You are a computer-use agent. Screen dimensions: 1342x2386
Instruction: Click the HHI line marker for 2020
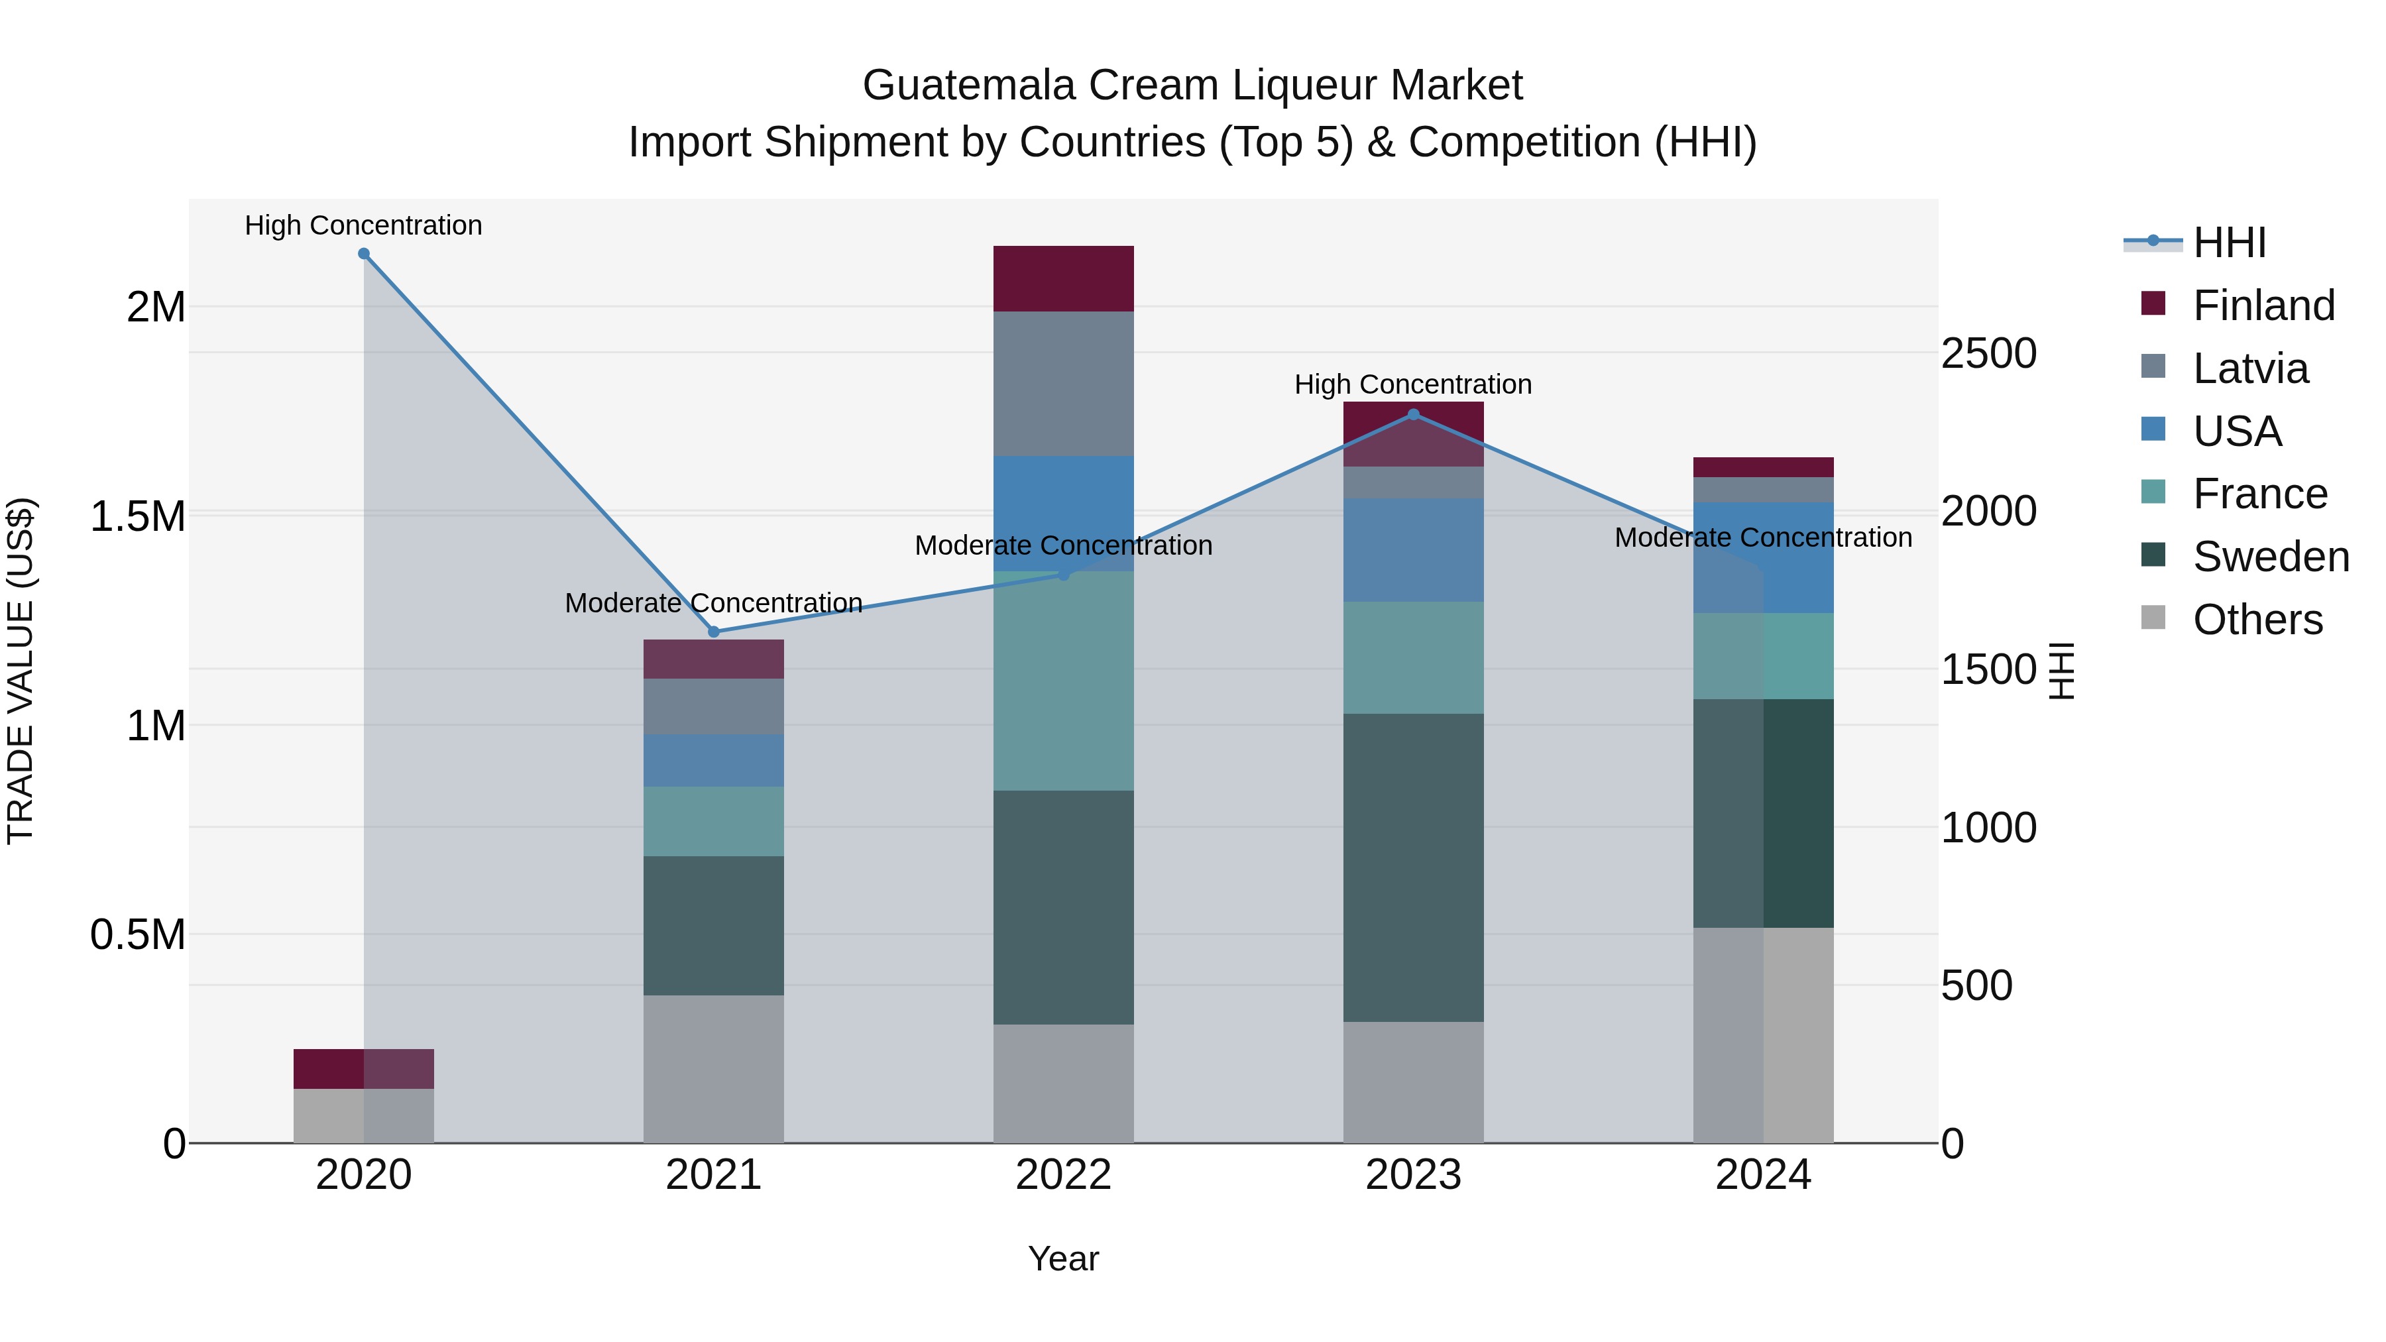click(x=364, y=254)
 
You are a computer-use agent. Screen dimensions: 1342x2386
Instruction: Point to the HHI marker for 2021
click(x=713, y=632)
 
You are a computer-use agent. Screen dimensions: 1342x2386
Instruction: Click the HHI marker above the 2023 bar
click(x=1414, y=415)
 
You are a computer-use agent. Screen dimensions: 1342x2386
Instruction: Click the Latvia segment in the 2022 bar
click(x=1063, y=384)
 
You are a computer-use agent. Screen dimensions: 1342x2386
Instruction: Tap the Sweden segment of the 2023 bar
click(x=1414, y=867)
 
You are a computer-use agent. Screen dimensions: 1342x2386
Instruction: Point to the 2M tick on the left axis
click(x=156, y=308)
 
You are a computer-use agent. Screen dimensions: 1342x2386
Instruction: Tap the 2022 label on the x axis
click(x=1063, y=1175)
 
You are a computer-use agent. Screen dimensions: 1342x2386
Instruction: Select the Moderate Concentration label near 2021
click(x=713, y=603)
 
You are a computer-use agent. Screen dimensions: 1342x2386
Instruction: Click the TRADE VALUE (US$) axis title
click(x=21, y=671)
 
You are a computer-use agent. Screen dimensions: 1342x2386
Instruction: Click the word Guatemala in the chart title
click(x=969, y=85)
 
